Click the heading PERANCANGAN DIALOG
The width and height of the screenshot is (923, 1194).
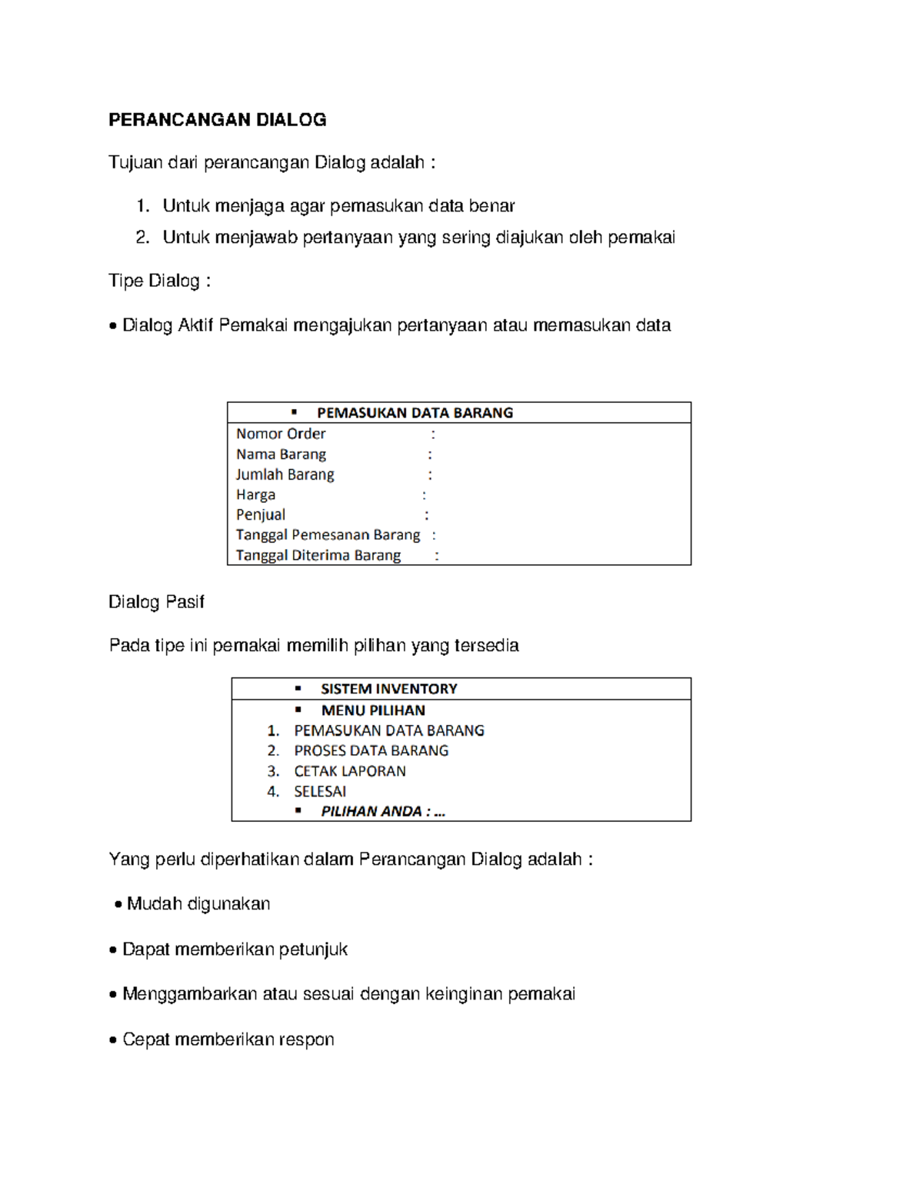pos(217,120)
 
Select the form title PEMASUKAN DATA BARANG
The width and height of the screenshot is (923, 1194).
pos(415,413)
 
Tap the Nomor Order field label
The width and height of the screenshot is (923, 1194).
pos(281,434)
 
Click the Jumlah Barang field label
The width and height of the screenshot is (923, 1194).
pos(285,474)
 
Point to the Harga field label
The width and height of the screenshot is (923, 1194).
pos(255,494)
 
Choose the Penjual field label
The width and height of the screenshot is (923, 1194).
pos(260,514)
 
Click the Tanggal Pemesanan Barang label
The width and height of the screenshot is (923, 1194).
pos(328,534)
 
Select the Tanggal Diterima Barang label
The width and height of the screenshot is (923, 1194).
pos(318,555)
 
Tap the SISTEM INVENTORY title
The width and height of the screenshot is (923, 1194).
pos(388,689)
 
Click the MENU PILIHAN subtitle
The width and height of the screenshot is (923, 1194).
pos(373,710)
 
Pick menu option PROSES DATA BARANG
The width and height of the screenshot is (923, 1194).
pos(371,750)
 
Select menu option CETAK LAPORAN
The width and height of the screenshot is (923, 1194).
pos(349,771)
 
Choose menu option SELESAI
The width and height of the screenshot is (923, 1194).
pos(320,791)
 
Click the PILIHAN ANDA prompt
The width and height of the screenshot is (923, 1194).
pos(382,811)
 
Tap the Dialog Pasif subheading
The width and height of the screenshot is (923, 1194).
pos(156,602)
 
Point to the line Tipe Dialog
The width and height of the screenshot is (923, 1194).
pos(159,281)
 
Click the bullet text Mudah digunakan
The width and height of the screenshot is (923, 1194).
pos(198,904)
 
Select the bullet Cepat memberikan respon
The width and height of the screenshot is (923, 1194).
pos(228,1039)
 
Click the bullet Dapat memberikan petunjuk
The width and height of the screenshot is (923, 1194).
pos(235,950)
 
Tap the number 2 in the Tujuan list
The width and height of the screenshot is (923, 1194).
pos(142,238)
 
